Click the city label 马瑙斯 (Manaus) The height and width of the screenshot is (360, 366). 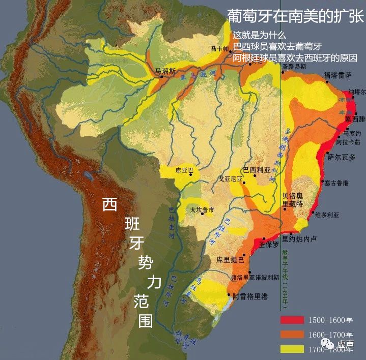(165, 71)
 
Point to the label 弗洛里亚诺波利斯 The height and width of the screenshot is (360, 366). (255, 278)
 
